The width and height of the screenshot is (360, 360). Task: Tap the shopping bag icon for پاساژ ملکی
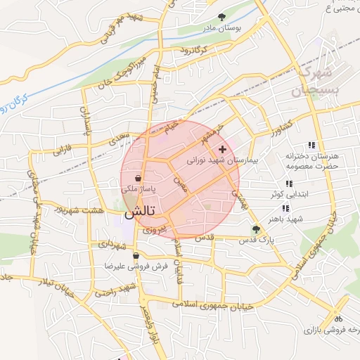pyautogui.click(x=137, y=179)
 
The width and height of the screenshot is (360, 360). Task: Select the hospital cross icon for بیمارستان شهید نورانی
pyautogui.click(x=223, y=150)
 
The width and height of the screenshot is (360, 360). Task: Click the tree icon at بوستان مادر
pyautogui.click(x=222, y=17)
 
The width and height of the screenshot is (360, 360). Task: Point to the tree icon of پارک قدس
pyautogui.click(x=256, y=229)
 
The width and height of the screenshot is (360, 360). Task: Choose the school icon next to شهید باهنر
pyautogui.click(x=285, y=208)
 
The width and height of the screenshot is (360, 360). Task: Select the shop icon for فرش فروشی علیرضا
pyautogui.click(x=136, y=255)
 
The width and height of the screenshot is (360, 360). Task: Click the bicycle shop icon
pyautogui.click(x=338, y=318)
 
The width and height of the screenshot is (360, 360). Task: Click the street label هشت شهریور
pyautogui.click(x=82, y=210)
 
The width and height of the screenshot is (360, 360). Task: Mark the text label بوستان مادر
pyautogui.click(x=222, y=30)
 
